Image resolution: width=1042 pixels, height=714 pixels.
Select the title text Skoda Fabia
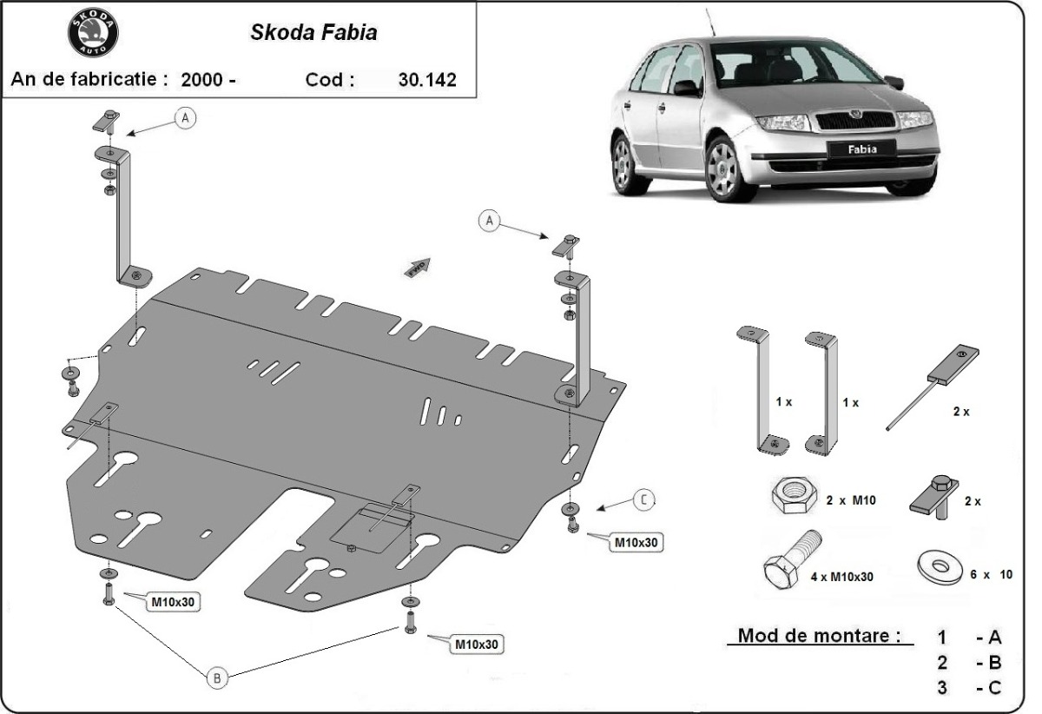pos(313,33)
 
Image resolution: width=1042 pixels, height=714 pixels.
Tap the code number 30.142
pos(427,80)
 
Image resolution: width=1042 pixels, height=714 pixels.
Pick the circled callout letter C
pos(643,499)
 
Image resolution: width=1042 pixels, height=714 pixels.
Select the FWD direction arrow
pos(417,267)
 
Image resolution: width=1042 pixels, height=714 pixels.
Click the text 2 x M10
pos(852,500)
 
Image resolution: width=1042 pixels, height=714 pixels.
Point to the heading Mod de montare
pos(819,635)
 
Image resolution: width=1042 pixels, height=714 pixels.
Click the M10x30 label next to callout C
pos(637,542)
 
